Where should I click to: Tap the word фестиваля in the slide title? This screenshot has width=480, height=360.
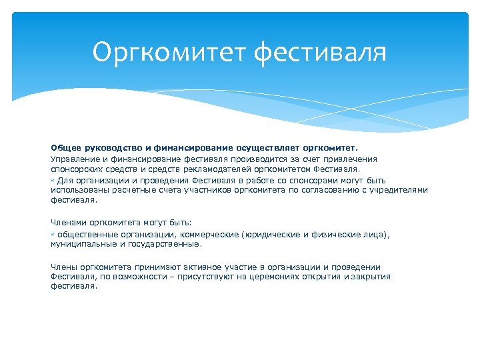point(321,52)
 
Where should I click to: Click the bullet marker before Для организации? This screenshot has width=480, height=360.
point(53,180)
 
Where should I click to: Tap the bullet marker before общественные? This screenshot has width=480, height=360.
point(53,235)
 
